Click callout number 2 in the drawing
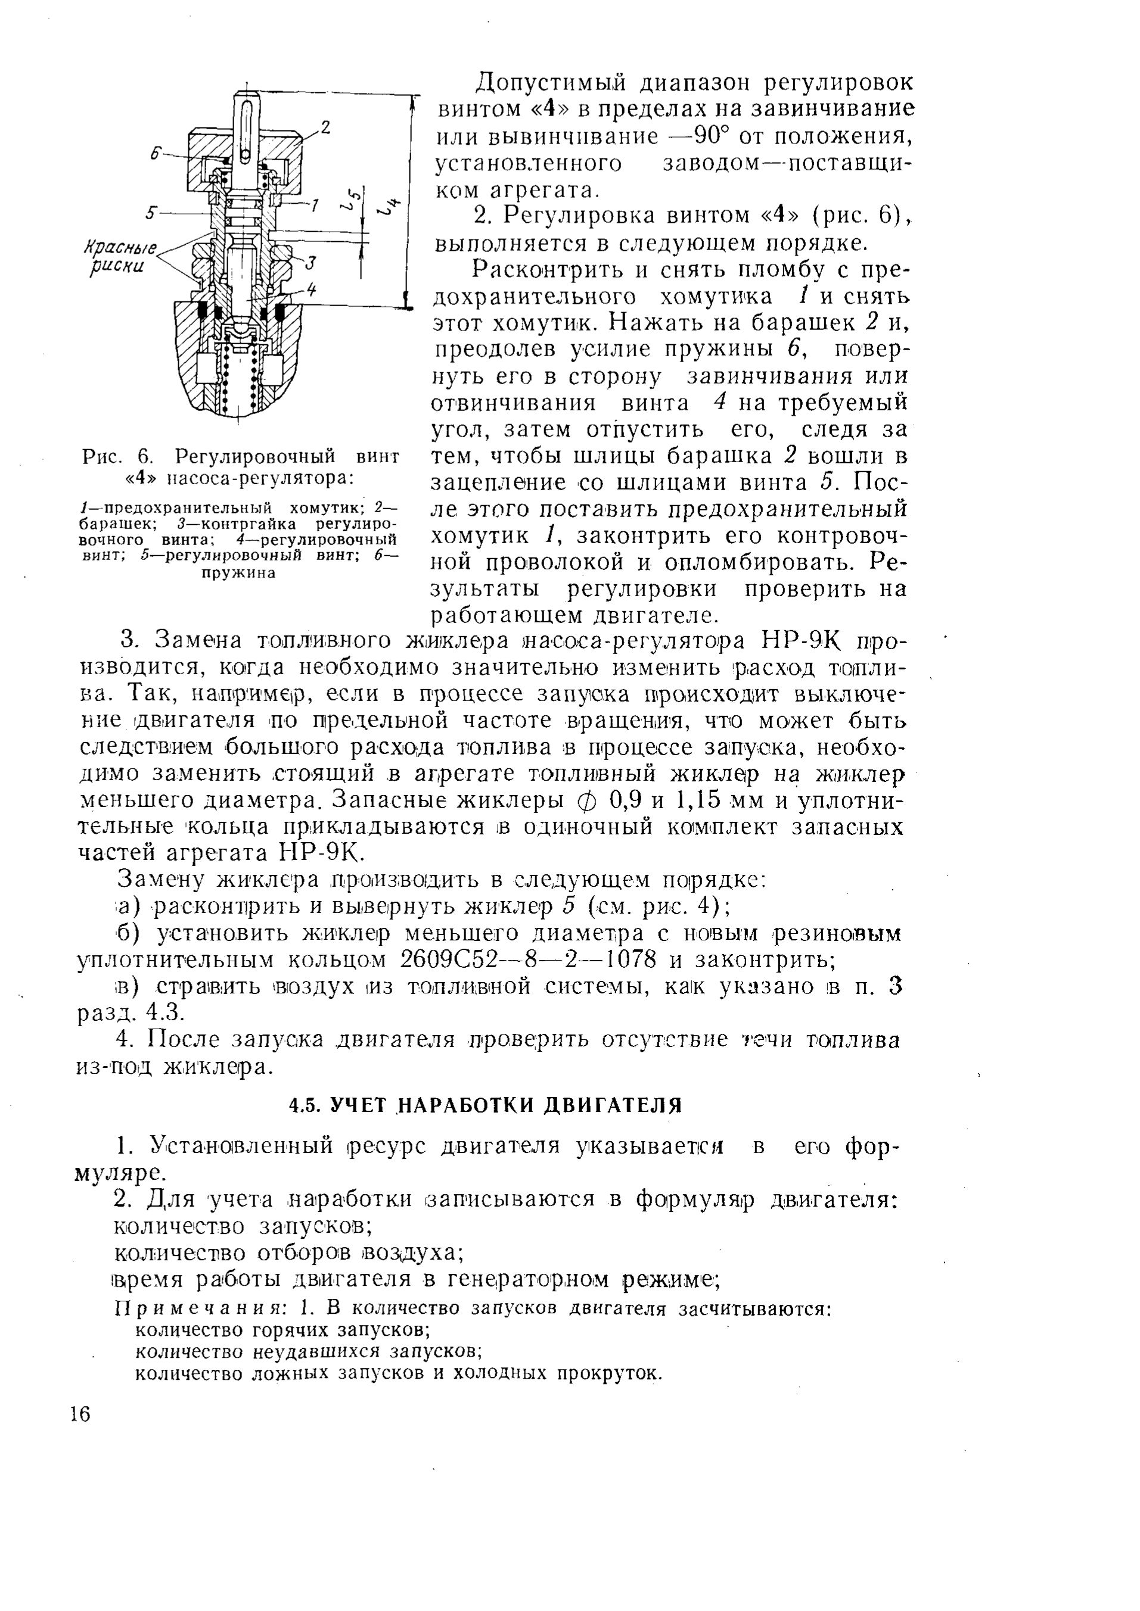coord(324,127)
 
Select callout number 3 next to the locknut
coord(312,263)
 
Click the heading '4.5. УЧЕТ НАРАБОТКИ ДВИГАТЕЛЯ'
coord(486,1105)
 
